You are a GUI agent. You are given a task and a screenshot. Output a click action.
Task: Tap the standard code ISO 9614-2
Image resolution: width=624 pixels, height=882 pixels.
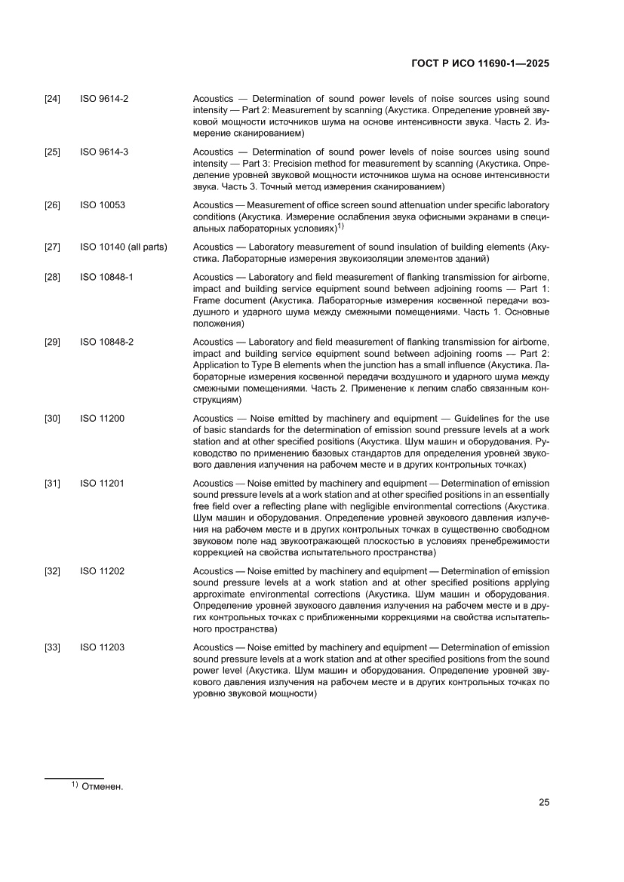pos(104,99)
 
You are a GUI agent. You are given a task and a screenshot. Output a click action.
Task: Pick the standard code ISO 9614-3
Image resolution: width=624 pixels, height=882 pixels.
pos(104,152)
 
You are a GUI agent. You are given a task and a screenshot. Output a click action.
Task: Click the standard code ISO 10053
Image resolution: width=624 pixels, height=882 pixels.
pos(102,205)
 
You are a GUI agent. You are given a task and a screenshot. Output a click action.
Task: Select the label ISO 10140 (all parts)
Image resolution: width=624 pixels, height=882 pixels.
pos(124,247)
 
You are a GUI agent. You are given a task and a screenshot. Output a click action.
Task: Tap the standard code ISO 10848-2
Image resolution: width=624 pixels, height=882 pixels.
pos(106,342)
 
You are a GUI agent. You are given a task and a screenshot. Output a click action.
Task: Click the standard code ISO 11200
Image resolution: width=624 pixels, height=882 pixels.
pos(102,418)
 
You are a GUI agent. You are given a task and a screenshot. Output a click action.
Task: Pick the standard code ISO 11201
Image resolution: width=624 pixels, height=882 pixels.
pos(102,483)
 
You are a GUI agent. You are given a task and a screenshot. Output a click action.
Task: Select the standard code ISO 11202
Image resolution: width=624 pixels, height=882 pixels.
pos(102,571)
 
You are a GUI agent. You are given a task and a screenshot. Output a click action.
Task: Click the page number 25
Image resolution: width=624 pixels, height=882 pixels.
pos(543,802)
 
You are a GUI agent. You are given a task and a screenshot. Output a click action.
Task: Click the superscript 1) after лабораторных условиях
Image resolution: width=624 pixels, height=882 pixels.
pos(341,225)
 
